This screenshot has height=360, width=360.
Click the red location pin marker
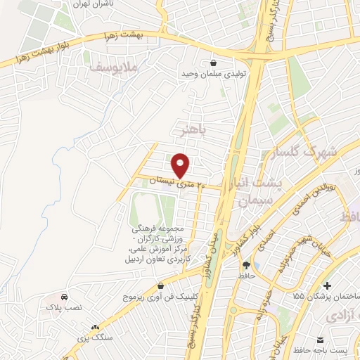coord(181,165)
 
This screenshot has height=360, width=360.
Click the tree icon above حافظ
coord(247,265)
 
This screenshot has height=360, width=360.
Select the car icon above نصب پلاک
coord(64,297)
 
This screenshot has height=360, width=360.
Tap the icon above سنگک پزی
coord(95,327)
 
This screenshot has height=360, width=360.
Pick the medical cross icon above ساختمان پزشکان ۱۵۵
coord(328,284)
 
